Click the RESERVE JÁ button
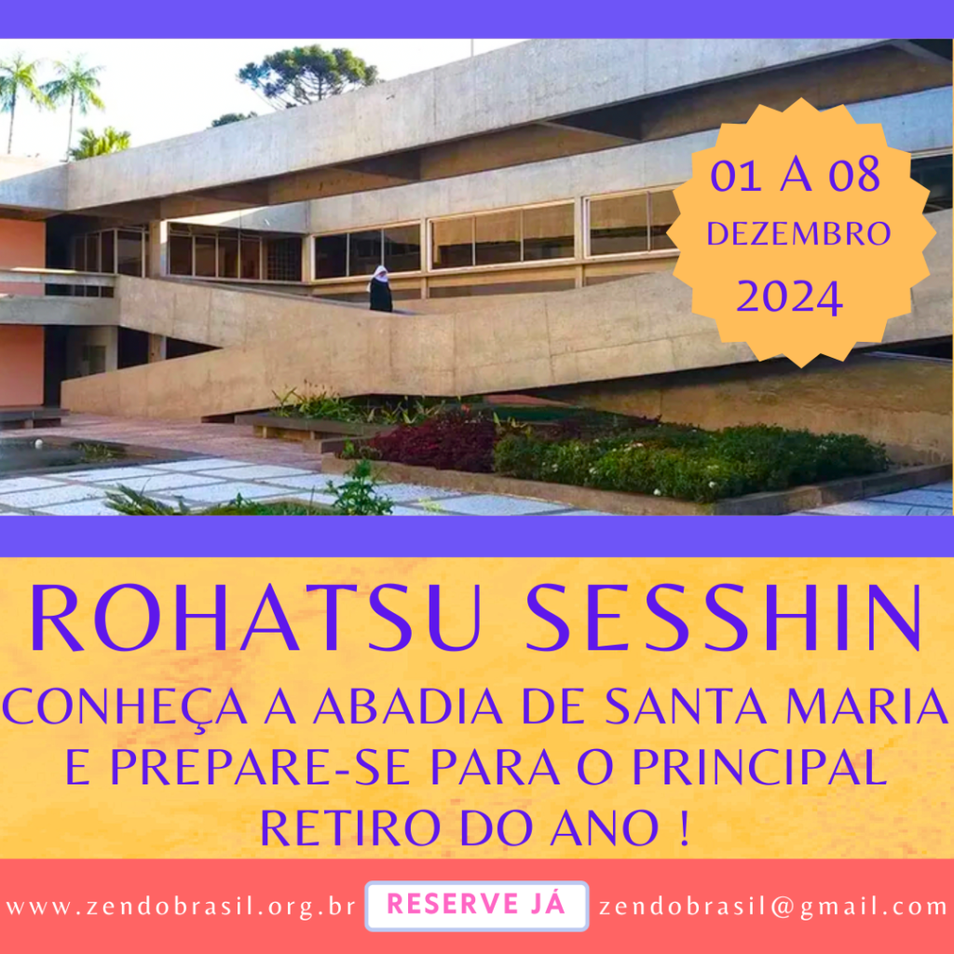click(x=476, y=906)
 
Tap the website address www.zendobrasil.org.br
click(x=181, y=906)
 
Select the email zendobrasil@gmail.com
click(x=772, y=906)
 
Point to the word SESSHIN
click(x=716, y=620)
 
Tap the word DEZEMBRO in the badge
click(x=797, y=235)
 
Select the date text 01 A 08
click(x=795, y=175)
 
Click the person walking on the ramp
click(x=380, y=290)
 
